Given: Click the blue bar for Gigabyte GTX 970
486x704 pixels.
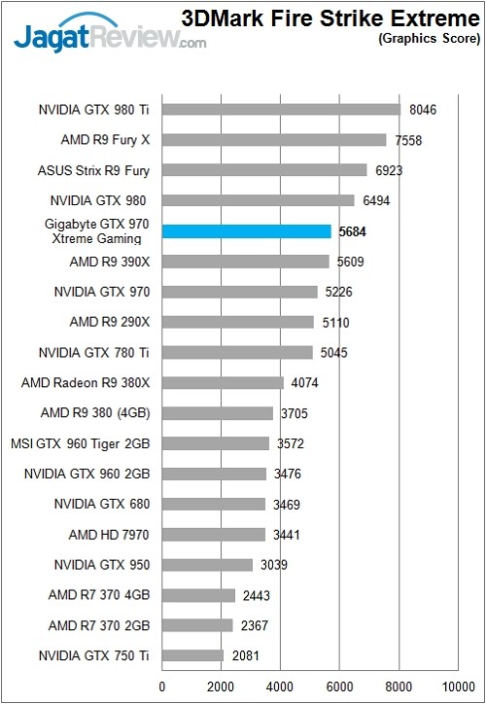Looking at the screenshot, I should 247,231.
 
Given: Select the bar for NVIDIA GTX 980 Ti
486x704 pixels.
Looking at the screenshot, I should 281,110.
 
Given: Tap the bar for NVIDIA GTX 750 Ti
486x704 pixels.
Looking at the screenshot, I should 192,655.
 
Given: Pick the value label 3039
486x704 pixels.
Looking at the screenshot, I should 274,565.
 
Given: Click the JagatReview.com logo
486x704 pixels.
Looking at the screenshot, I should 107,36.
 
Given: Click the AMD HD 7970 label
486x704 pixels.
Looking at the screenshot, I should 109,535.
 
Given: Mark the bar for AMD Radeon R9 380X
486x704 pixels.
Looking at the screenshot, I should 223,383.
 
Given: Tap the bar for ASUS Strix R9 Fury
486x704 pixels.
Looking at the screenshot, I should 264,170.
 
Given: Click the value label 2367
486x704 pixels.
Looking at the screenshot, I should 255,625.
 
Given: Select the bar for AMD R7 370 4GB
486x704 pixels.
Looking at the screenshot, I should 198,595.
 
